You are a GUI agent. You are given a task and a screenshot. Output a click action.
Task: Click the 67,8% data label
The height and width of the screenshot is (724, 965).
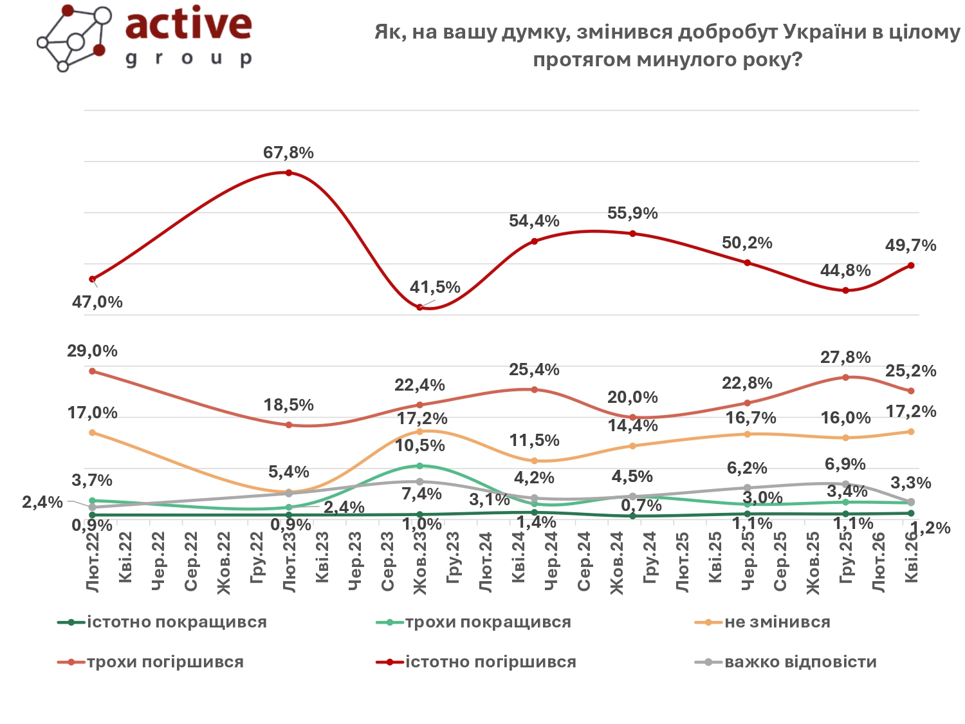(288, 153)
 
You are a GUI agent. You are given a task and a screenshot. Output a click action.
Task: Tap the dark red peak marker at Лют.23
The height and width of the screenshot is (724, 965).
(289, 172)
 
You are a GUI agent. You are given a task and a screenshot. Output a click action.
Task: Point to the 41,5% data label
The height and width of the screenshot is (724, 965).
(435, 287)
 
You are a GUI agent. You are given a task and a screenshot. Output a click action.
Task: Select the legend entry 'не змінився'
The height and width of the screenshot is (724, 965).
(777, 622)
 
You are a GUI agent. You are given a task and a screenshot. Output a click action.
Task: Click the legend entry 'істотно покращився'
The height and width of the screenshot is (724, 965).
(176, 622)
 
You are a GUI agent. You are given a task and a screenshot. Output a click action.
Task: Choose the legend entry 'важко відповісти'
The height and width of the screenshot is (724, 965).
(800, 662)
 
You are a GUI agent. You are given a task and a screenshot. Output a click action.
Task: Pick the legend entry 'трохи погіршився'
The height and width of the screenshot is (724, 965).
(165, 662)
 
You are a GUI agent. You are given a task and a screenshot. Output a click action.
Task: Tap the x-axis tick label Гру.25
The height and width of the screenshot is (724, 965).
(846, 558)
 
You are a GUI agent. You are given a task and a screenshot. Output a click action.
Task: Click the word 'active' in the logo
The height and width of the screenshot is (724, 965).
(188, 24)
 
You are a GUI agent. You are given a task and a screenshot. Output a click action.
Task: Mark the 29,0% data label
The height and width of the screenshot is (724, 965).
(93, 351)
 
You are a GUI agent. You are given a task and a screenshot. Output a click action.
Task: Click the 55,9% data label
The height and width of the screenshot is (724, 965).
(632, 214)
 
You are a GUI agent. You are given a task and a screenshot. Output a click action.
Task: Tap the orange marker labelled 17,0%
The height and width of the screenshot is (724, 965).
(93, 432)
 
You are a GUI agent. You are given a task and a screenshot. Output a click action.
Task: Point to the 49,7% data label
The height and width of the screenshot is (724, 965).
(910, 246)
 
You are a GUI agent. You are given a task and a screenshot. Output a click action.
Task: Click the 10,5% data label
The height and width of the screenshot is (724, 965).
(420, 445)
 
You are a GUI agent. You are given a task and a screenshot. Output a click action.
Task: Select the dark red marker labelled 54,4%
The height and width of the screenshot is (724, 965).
(534, 241)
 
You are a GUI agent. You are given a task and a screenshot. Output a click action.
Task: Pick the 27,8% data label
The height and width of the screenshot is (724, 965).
(845, 358)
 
